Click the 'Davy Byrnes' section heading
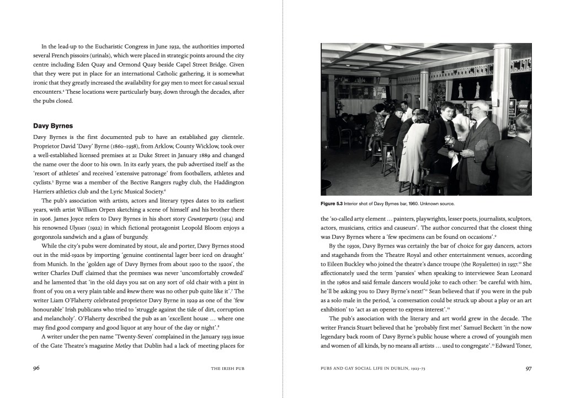click(x=53, y=126)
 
